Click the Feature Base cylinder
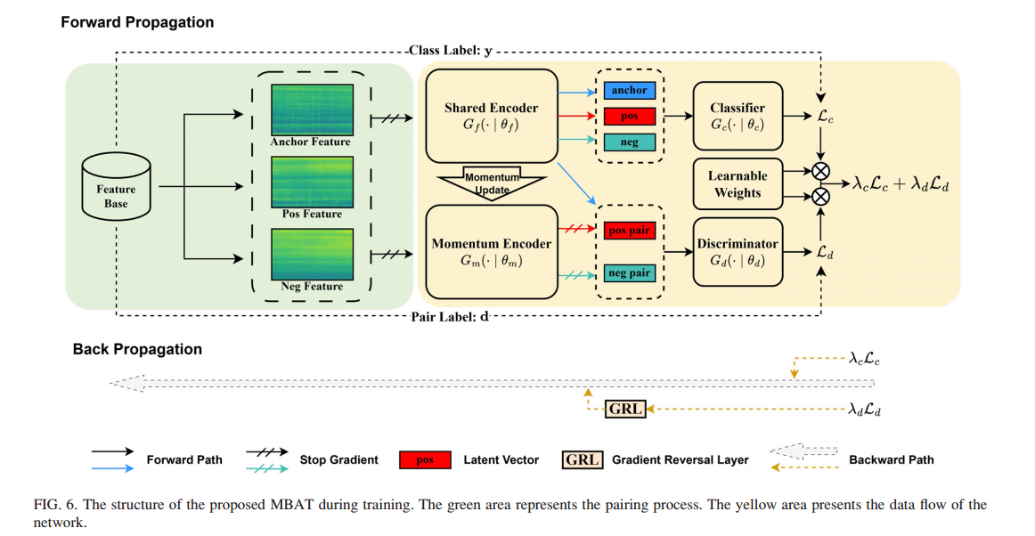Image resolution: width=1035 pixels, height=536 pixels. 116,187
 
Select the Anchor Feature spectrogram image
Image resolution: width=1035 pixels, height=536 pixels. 313,110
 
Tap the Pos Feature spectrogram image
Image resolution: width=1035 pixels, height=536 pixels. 313,183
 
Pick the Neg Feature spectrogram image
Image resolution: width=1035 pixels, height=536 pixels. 313,255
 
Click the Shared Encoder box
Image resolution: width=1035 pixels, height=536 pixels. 492,116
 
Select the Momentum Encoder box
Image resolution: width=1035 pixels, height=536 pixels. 492,252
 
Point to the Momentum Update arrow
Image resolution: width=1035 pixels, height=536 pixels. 492,183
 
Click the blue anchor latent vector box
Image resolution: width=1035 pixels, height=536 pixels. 630,91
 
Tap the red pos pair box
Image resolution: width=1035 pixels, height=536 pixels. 630,231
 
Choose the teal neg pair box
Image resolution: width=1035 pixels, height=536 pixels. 630,272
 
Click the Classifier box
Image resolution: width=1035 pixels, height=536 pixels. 738,116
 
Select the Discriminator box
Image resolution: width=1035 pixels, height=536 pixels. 738,252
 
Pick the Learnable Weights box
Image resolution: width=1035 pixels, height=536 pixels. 738,184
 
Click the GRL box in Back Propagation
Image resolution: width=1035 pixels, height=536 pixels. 625,409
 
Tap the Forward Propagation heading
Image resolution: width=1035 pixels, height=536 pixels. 137,22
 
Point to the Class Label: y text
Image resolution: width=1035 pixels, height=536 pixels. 451,50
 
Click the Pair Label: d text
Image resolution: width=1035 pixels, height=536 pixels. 450,317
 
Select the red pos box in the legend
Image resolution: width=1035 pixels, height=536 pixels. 425,460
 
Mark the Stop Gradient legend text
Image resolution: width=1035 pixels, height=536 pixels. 339,460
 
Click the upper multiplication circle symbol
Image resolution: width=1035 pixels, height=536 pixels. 820,172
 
